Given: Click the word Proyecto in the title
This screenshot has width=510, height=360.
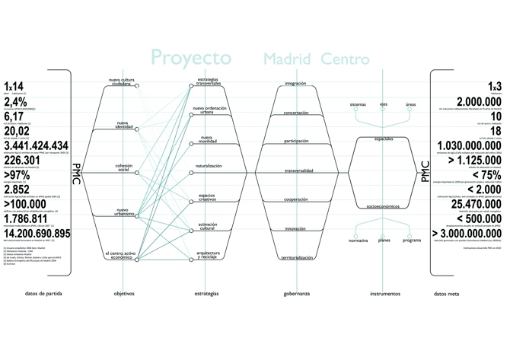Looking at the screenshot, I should point(191,58).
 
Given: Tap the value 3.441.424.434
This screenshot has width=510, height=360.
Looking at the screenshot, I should point(36,145).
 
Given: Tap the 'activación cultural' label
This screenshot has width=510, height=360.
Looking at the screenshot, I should point(208,226).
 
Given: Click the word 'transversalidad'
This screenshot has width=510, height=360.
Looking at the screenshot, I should point(295,170).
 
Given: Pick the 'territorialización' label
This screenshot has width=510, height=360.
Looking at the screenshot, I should point(295,258).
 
